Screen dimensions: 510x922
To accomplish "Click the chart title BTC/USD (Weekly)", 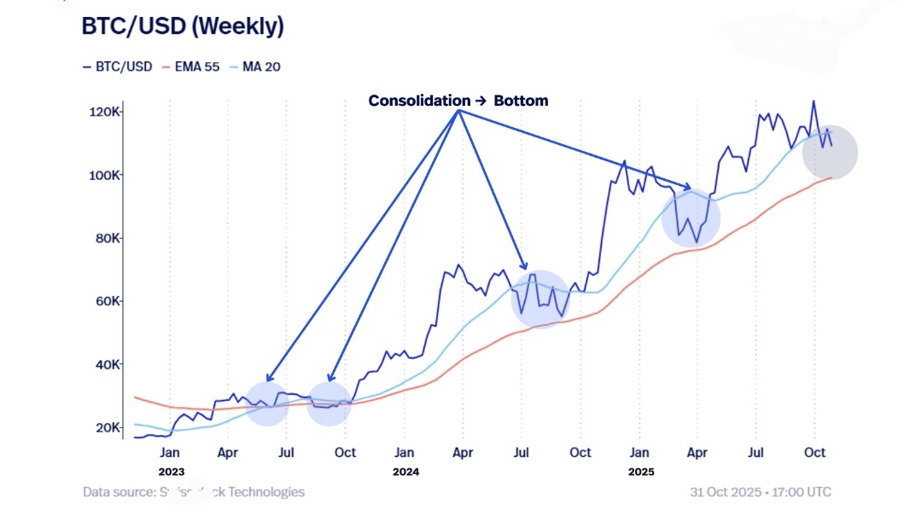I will click(182, 26).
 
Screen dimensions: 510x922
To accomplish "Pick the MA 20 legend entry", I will click(257, 66).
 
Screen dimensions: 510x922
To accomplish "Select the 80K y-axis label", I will click(108, 239).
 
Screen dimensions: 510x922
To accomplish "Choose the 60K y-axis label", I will click(108, 302).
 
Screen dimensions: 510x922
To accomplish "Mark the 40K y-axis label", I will click(108, 365).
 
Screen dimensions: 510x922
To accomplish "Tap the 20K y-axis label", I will click(108, 427).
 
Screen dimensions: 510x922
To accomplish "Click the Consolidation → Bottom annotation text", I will click(458, 101).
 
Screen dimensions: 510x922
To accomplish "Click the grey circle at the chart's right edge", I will click(829, 152).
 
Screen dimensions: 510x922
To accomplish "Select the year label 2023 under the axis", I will click(171, 471).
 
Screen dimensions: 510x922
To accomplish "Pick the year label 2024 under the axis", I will click(406, 471).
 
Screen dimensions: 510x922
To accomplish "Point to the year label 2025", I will click(640, 471).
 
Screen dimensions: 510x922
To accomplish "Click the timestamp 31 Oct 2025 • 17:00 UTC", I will click(760, 492).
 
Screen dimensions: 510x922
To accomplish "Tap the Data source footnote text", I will click(194, 492).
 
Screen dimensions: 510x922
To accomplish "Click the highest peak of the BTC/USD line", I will click(813, 101).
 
